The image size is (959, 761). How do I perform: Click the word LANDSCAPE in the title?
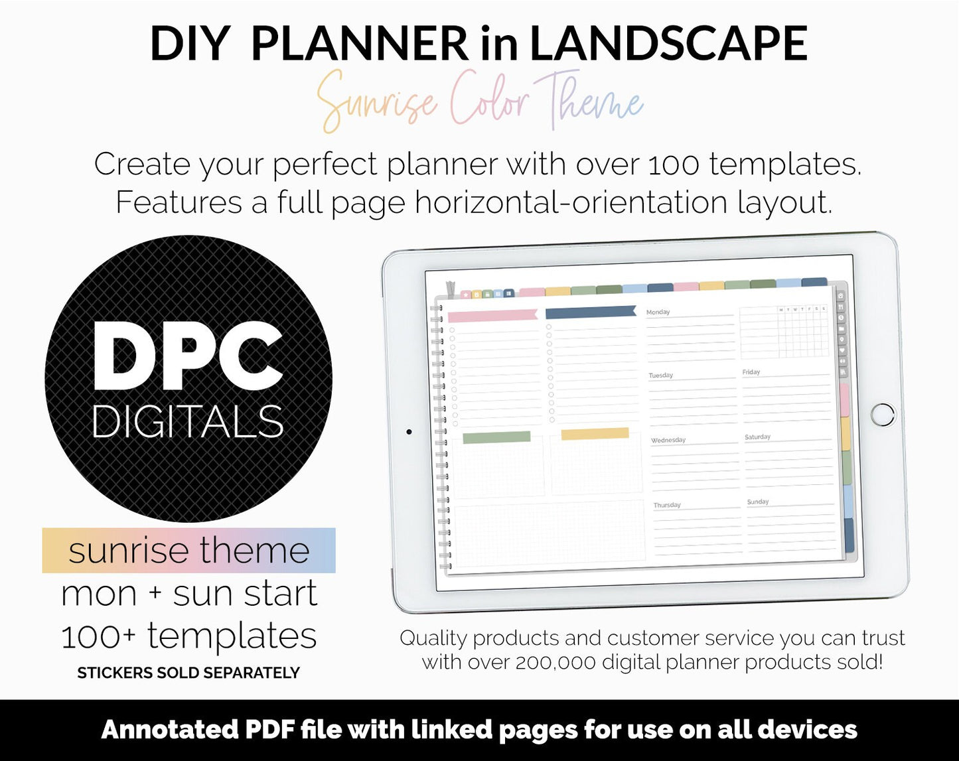click(x=668, y=44)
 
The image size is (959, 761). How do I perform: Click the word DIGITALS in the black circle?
click(x=188, y=422)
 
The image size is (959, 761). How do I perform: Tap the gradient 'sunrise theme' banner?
click(x=188, y=551)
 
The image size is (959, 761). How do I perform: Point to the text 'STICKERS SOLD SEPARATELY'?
click(x=188, y=673)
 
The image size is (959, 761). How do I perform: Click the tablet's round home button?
click(x=883, y=414)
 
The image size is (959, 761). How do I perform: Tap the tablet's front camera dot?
click(x=409, y=432)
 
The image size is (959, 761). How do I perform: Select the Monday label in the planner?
click(x=658, y=312)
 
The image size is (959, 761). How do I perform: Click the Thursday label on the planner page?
click(x=667, y=505)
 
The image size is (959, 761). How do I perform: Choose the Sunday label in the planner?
click(x=758, y=502)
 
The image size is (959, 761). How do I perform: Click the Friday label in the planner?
click(x=751, y=372)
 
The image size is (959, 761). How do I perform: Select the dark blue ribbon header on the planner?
click(x=591, y=312)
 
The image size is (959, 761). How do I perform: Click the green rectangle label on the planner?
click(x=496, y=437)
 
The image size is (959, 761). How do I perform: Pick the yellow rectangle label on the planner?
click(x=595, y=434)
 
